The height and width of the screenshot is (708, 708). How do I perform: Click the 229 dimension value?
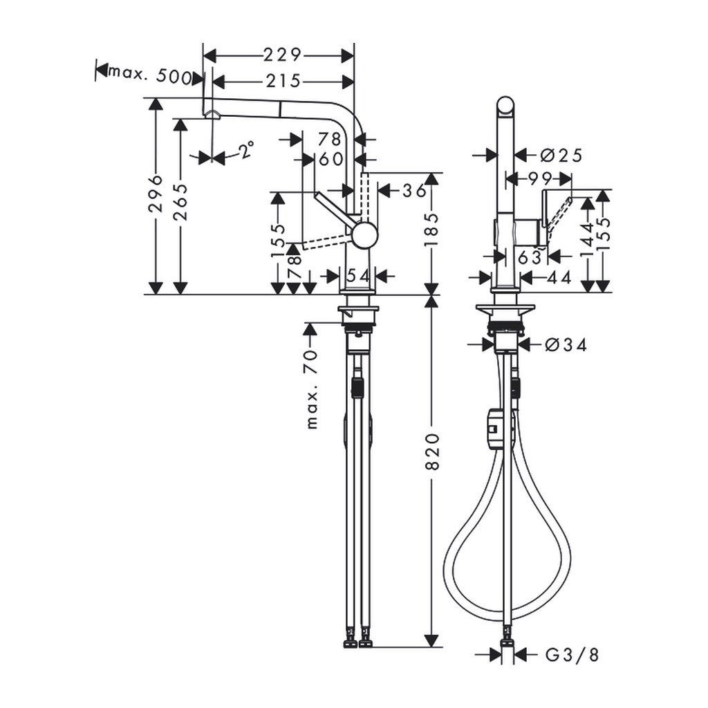pos(282,55)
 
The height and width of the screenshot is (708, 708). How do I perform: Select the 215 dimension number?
pos(283,82)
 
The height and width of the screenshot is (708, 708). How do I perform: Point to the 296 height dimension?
pos(156,194)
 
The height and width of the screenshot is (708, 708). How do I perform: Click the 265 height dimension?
pos(180,201)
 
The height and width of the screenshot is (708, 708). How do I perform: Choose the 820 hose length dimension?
pos(432,451)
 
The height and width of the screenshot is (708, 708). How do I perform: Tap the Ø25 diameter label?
pos(561,156)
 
